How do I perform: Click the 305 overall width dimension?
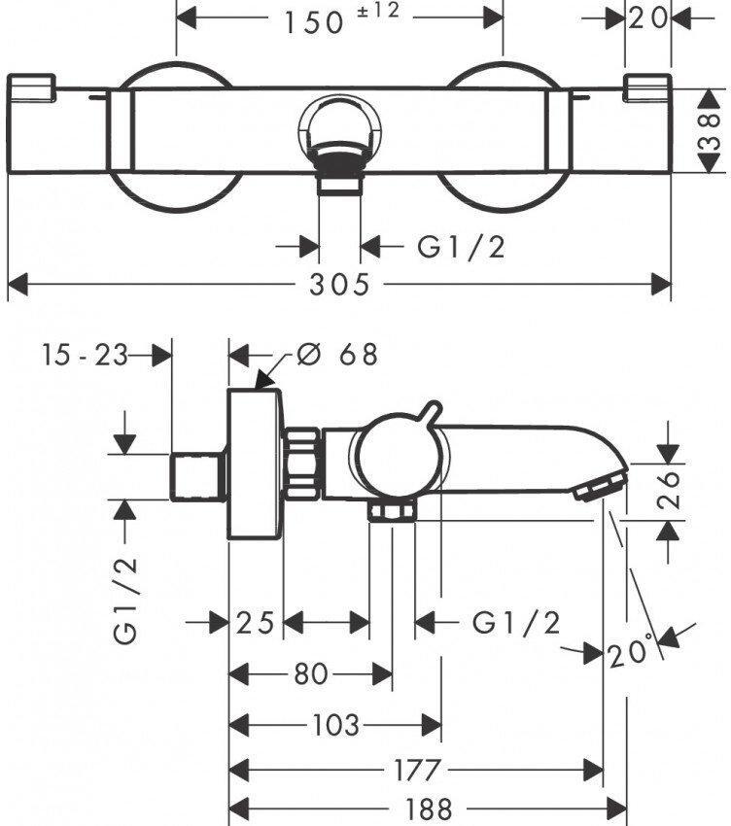(341, 285)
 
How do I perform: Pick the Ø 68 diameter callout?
(336, 355)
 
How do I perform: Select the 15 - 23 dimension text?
(85, 356)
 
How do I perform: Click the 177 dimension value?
(416, 769)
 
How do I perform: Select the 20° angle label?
(633, 654)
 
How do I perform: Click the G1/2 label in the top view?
(462, 247)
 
